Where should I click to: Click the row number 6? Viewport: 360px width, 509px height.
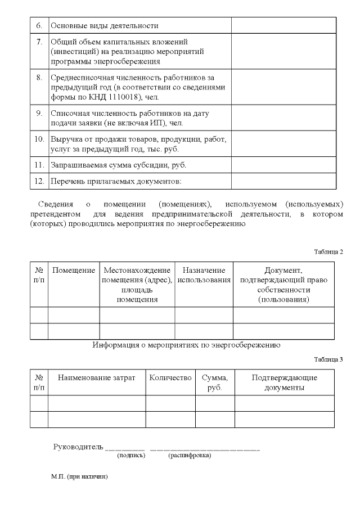[39, 25]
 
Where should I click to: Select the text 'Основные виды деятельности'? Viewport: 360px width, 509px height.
[105, 25]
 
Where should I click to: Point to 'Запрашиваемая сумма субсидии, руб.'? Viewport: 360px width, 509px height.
[118, 165]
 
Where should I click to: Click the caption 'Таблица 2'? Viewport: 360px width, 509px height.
[328, 251]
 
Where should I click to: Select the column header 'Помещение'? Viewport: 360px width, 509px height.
[74, 271]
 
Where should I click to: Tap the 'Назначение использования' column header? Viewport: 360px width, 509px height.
[204, 275]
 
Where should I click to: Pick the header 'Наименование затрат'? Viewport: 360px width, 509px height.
[97, 378]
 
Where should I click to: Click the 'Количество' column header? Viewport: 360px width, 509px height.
[170, 378]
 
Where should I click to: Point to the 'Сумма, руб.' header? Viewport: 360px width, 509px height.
[215, 382]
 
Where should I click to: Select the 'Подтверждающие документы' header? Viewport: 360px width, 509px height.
[285, 382]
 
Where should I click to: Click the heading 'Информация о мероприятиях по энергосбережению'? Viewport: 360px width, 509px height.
[186, 345]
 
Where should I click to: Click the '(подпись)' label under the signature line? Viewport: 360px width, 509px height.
[131, 456]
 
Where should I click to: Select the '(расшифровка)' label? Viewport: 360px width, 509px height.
[190, 456]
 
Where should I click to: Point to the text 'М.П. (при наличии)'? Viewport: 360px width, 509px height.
[79, 476]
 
